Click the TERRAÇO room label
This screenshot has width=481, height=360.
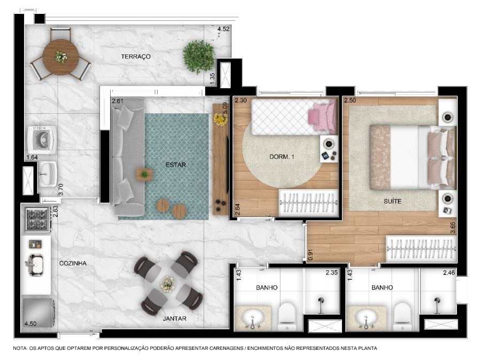[x=136, y=57]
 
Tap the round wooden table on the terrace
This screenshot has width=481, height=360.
[x=61, y=57]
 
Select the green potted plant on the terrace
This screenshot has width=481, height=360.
[x=199, y=57]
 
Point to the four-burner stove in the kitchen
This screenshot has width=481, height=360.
[x=37, y=219]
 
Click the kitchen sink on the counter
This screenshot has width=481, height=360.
[x=34, y=264]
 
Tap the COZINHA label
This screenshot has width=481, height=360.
[x=73, y=263]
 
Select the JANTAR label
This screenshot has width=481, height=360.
[x=174, y=318]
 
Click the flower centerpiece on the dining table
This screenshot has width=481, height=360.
[x=167, y=284]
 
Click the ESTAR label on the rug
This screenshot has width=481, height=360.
[x=176, y=165]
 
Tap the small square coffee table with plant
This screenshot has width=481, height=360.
[x=144, y=175]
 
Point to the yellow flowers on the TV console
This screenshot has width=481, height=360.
[x=221, y=119]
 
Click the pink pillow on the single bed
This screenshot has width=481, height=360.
[x=315, y=118]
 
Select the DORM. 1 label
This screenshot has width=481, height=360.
[x=282, y=156]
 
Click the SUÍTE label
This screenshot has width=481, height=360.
[x=392, y=201]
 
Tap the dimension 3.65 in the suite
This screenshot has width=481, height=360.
[x=453, y=227]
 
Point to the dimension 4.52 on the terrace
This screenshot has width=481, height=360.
[x=223, y=29]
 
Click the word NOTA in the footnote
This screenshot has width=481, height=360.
[x=20, y=348]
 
